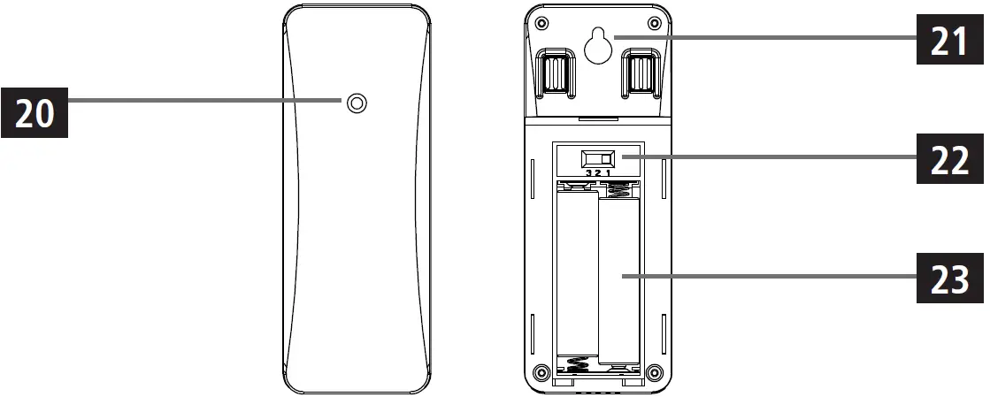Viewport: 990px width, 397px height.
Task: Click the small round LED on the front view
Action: click(x=357, y=104)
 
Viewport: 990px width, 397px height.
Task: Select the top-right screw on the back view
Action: click(x=654, y=22)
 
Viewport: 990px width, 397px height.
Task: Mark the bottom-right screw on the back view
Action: click(x=654, y=371)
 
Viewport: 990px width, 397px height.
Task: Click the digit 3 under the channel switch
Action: click(x=587, y=174)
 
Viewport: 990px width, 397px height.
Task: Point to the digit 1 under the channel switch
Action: click(x=608, y=174)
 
